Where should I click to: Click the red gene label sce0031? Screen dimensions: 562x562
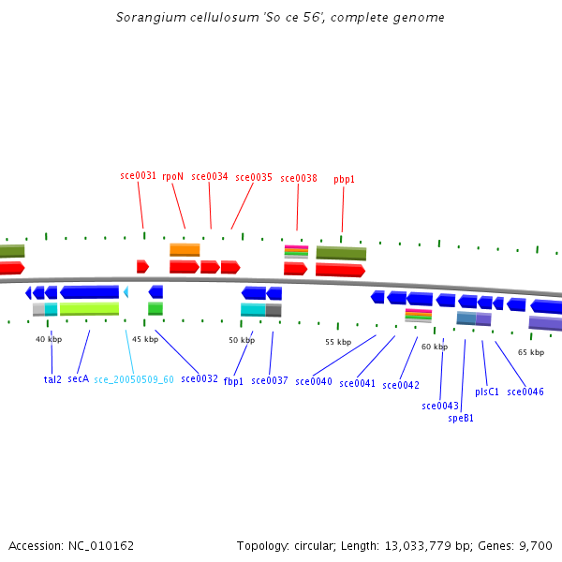(x=139, y=175)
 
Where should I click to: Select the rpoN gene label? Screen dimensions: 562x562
(x=172, y=175)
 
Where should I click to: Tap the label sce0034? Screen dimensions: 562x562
(x=209, y=176)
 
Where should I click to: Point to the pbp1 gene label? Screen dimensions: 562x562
(x=344, y=179)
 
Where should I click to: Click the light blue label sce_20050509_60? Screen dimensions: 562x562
(x=134, y=379)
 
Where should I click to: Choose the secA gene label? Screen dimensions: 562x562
(x=78, y=379)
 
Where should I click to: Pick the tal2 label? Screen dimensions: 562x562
(x=52, y=379)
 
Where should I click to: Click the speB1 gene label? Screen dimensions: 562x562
(x=461, y=419)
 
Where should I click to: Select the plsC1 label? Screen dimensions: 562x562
(x=487, y=392)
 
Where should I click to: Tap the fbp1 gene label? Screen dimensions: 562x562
(x=233, y=381)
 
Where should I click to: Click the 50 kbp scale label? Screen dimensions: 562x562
(x=242, y=340)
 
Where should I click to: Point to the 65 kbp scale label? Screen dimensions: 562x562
(x=530, y=352)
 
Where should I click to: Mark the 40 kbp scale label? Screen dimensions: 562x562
(x=49, y=339)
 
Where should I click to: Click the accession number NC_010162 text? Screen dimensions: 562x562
(x=71, y=545)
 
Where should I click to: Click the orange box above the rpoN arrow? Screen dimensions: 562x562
(x=185, y=250)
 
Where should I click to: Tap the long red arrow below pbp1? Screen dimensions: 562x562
(x=340, y=270)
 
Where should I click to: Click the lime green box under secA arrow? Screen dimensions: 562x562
(x=89, y=308)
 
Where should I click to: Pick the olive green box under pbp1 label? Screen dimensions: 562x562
(x=341, y=253)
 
